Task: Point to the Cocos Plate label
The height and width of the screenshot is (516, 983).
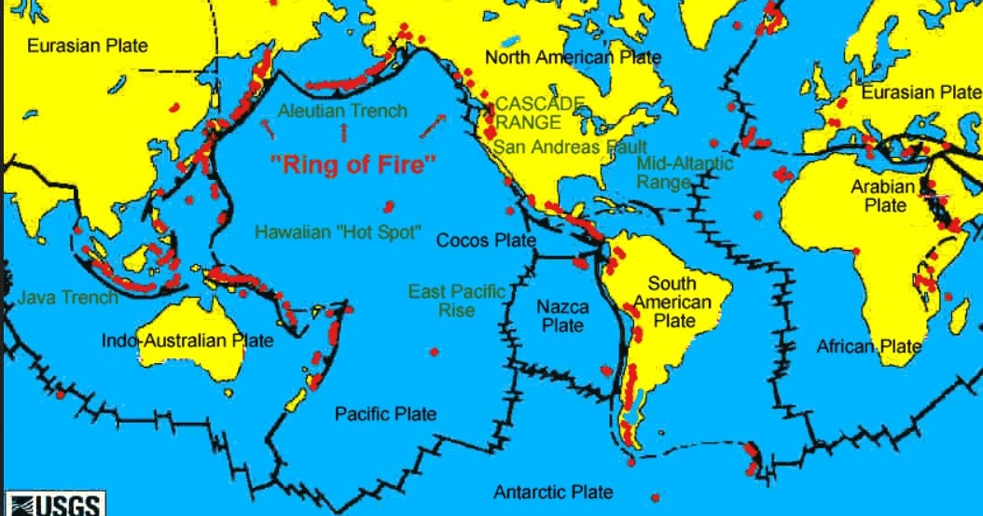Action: [x=487, y=240]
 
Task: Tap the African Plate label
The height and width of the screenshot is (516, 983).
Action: [x=868, y=347]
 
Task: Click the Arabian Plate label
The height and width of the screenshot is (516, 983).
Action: [x=878, y=196]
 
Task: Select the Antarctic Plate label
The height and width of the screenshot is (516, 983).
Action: [x=553, y=492]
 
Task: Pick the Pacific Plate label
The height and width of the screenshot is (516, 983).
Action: [x=386, y=413]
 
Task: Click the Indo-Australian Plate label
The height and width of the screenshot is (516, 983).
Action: [x=187, y=341]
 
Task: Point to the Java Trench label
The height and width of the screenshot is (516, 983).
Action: [x=67, y=298]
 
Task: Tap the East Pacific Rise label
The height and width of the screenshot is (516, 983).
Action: [x=456, y=301]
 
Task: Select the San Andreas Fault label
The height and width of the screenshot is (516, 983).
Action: [x=560, y=146]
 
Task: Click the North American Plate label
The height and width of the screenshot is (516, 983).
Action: [x=573, y=58]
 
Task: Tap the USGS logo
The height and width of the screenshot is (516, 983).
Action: [x=54, y=505]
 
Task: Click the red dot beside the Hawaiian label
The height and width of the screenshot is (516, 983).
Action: [x=385, y=207]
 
